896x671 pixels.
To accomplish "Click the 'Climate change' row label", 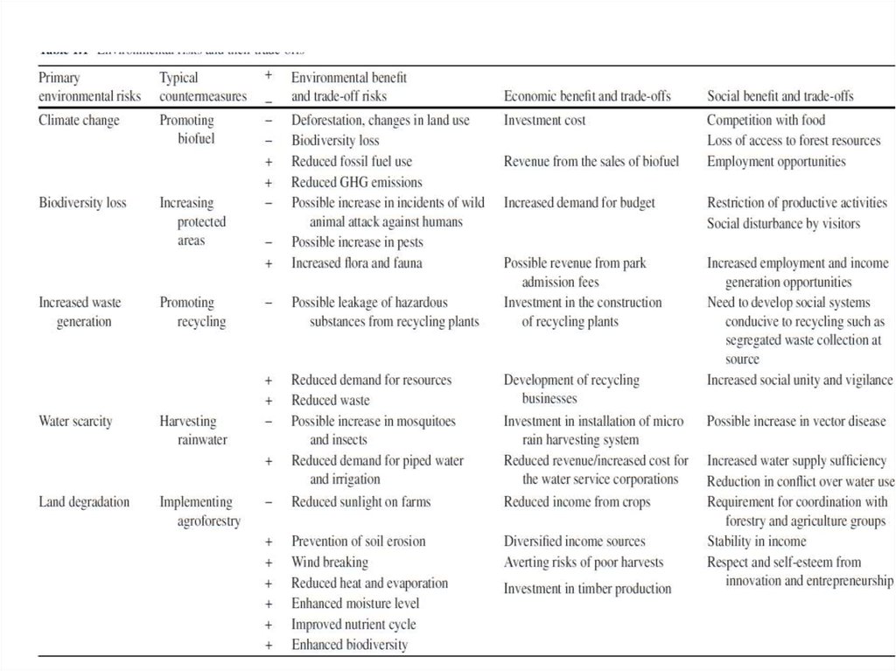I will click(x=79, y=120).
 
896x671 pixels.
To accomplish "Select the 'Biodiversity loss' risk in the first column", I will click(x=82, y=203).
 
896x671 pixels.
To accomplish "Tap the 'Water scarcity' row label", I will click(x=75, y=421).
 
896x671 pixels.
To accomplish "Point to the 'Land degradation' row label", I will click(x=84, y=502).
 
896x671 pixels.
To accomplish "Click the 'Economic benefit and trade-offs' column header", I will click(x=587, y=96).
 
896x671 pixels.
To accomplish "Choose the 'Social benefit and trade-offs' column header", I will click(x=780, y=96).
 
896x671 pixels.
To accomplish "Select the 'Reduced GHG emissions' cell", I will click(x=356, y=182).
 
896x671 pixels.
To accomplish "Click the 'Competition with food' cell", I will click(x=766, y=120).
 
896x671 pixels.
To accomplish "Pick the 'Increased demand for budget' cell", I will click(x=579, y=203).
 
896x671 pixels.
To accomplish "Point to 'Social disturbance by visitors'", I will click(x=783, y=223).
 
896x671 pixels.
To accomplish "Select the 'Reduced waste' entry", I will click(x=330, y=401).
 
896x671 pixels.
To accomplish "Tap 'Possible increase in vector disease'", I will click(x=796, y=421).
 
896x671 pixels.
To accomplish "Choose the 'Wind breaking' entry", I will click(x=329, y=563).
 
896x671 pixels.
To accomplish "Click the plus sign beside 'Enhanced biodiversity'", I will click(x=269, y=645).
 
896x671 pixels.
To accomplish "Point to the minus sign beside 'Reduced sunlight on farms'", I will click(x=269, y=503).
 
